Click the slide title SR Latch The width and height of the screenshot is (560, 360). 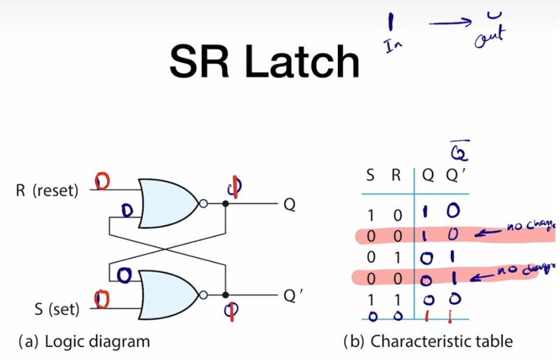[x=264, y=61]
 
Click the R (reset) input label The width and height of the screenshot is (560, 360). [x=47, y=191]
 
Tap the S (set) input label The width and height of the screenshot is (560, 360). [x=57, y=308]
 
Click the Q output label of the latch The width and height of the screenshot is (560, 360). [x=289, y=205]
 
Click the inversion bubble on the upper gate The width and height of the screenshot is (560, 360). [x=202, y=204]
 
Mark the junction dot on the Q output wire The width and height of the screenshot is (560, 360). [x=226, y=204]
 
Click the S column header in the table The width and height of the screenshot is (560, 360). [x=371, y=174]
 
